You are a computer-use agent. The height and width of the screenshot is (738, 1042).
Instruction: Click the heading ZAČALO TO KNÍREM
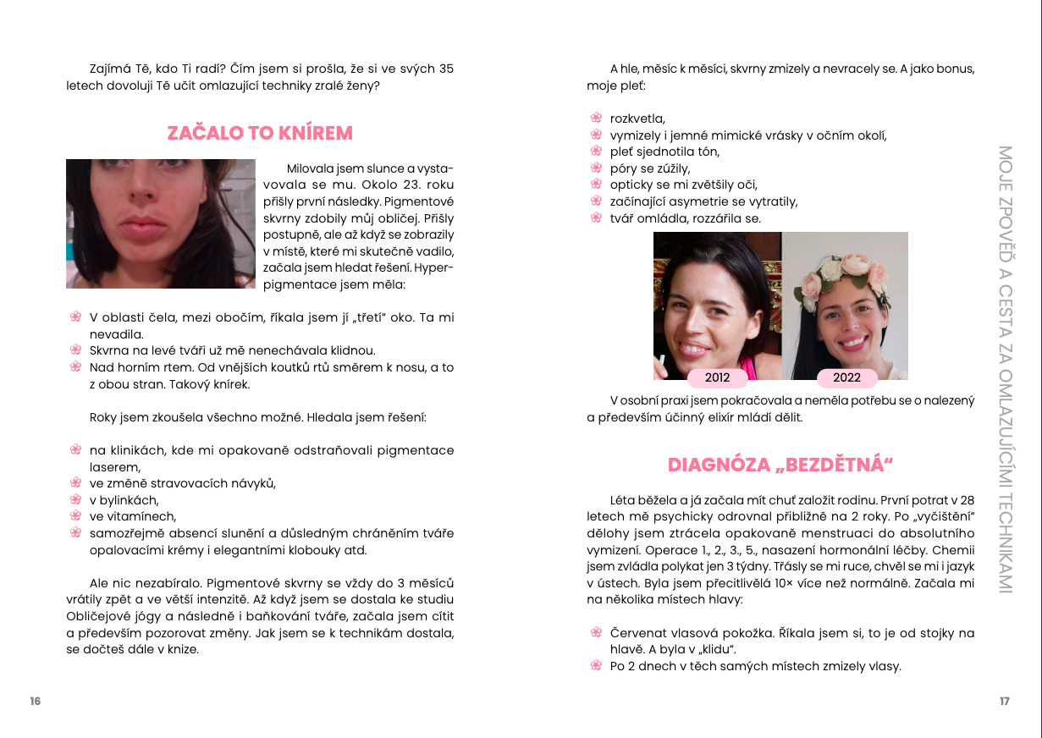point(260,133)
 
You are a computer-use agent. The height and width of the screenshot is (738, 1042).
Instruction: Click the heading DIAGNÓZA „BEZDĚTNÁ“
point(780,465)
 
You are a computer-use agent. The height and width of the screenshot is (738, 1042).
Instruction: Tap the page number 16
point(35,701)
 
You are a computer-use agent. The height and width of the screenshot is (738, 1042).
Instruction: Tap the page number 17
point(1004,701)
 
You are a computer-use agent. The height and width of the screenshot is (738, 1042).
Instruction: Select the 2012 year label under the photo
point(717,378)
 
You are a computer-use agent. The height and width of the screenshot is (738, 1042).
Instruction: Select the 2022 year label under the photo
point(846,378)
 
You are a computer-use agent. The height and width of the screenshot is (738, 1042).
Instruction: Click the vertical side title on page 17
point(1005,369)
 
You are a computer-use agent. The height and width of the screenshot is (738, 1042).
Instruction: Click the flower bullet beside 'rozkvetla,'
point(595,118)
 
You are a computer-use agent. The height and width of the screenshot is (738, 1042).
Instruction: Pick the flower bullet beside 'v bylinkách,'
point(74,499)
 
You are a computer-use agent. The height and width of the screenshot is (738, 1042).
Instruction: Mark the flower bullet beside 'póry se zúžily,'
point(595,168)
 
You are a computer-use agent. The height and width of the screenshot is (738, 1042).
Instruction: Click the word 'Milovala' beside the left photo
point(309,168)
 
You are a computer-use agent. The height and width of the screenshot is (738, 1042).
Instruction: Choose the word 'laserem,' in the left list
point(115,466)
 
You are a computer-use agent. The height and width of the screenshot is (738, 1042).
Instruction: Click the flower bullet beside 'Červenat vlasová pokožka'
point(595,633)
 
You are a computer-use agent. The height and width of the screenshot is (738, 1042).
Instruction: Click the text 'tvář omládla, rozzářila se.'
point(685,218)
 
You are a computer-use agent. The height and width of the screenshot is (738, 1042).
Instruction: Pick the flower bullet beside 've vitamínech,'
point(74,516)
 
